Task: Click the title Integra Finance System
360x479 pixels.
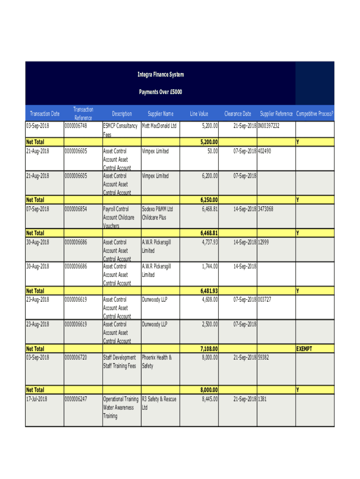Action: click(160, 74)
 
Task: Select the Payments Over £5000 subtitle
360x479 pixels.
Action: click(160, 92)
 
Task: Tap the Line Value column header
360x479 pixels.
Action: click(199, 114)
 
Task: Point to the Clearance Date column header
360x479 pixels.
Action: click(238, 114)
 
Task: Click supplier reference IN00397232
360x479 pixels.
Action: click(269, 126)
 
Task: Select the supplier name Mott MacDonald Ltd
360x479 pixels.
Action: click(159, 126)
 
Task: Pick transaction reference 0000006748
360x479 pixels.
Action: click(76, 126)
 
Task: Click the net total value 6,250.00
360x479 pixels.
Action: click(206, 200)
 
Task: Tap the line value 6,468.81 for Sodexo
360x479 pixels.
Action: click(207, 209)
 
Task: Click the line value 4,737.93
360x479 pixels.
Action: click(207, 242)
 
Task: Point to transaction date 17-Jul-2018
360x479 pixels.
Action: click(36, 399)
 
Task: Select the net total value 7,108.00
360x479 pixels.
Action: click(206, 348)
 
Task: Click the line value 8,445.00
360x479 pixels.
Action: click(207, 399)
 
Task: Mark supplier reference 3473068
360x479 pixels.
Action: click(266, 209)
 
